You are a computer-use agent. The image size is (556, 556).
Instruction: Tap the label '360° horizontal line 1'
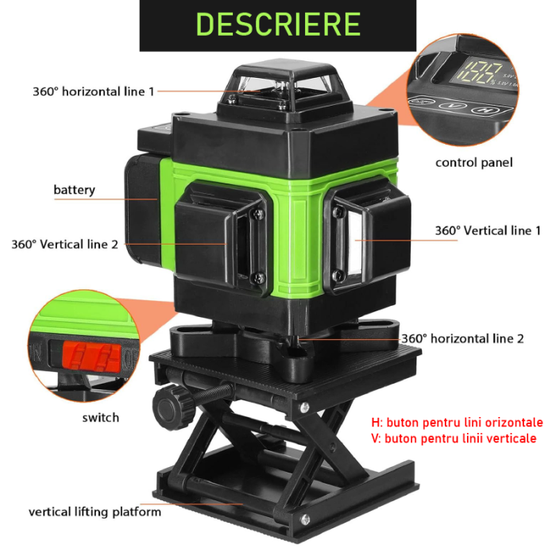94,91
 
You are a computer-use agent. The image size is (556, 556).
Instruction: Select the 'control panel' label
473,163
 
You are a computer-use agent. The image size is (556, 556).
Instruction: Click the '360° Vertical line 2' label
64,245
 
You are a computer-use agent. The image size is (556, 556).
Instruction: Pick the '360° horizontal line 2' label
462,338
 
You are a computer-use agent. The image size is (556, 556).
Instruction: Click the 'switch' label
100,417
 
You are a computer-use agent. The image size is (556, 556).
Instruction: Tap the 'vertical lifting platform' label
95,512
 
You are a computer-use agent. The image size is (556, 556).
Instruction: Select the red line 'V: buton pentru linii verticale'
453,438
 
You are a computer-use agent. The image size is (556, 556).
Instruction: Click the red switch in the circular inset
88,356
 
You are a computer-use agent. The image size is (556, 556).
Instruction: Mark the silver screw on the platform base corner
304,520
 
